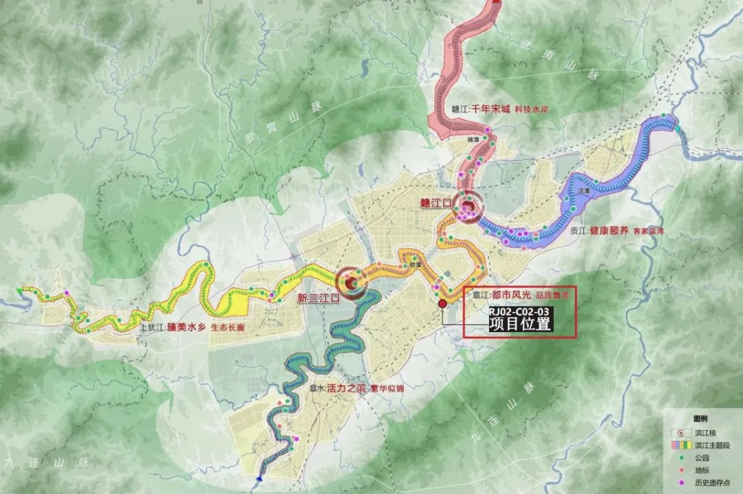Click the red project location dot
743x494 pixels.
coord(442,303)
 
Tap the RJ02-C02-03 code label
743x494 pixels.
coord(520,311)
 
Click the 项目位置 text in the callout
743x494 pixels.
coord(520,324)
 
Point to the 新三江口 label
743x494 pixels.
coord(318,298)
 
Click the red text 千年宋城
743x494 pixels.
coord(491,109)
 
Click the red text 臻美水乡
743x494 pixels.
coord(186,328)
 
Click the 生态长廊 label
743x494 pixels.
coord(228,329)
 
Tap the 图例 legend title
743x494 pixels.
coord(700,418)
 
